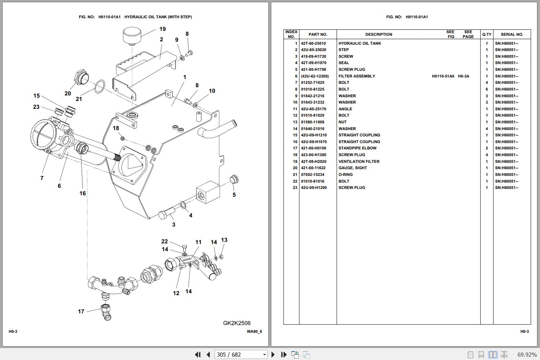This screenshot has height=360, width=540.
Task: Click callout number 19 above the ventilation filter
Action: (x=162, y=29)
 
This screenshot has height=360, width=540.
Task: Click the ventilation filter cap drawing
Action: (x=133, y=35)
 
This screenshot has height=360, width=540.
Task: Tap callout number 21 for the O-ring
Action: (x=79, y=99)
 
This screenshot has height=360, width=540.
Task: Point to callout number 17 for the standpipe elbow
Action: (x=81, y=312)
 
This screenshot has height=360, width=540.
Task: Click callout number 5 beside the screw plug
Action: (x=234, y=195)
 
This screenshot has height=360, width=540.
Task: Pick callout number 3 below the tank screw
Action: (x=174, y=225)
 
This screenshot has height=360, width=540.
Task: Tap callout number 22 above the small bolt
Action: (x=164, y=241)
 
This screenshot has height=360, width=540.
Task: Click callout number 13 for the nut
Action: (x=224, y=240)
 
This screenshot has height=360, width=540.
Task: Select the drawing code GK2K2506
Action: (x=237, y=323)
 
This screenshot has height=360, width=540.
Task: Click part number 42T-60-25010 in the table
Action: (x=313, y=43)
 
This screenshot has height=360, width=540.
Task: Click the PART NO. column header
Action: (x=318, y=34)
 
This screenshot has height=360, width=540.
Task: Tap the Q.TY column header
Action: (x=487, y=34)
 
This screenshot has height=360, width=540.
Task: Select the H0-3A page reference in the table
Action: (x=463, y=76)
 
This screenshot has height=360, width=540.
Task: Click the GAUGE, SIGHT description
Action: (x=353, y=168)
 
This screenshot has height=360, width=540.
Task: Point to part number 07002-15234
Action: (x=313, y=174)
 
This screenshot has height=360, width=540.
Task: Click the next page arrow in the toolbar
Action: (x=273, y=354)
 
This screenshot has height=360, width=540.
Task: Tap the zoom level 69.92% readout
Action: (x=527, y=354)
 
